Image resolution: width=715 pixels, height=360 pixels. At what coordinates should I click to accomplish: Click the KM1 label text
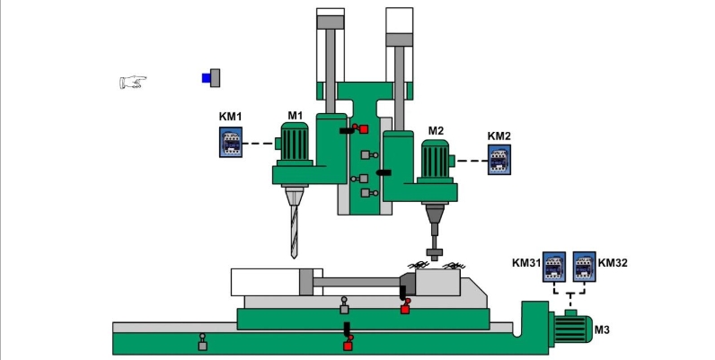pos(231,117)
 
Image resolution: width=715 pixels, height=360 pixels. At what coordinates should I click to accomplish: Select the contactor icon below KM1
pos(231,143)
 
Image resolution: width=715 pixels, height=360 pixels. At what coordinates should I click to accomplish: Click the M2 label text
pos(436,131)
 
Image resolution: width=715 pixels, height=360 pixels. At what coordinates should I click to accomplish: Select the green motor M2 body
pos(435,162)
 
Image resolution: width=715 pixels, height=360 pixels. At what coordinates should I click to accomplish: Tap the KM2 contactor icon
pos(499,162)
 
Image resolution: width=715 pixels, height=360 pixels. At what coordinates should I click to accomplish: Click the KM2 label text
pos(499,136)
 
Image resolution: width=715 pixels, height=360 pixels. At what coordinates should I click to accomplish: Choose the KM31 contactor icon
pos(554,266)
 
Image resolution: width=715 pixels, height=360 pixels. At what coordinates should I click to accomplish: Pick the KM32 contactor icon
pos(584,266)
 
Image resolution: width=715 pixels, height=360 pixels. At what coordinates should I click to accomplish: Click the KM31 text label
pos(526,263)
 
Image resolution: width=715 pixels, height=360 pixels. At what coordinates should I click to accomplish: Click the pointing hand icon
pos(133,83)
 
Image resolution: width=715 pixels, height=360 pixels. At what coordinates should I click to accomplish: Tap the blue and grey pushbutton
pos(211,78)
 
